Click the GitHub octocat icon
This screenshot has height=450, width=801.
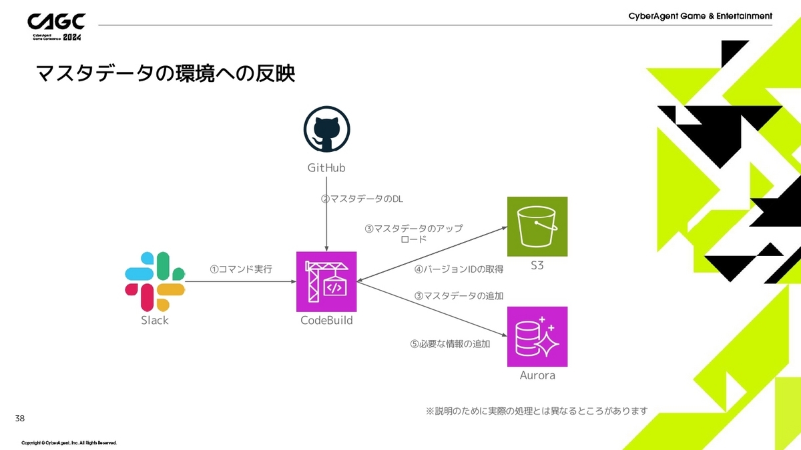point(326,129)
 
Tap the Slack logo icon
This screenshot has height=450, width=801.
point(155,281)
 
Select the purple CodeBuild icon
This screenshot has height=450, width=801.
point(326,281)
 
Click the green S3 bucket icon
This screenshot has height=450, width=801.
point(537,227)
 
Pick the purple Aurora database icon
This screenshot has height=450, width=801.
point(537,337)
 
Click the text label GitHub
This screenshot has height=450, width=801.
point(326,168)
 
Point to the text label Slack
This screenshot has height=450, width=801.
point(155,321)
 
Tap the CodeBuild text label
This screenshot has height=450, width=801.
point(326,321)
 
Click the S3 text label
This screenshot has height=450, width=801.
point(537,265)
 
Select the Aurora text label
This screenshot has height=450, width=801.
point(537,375)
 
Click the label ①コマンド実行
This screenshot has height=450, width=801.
point(241,269)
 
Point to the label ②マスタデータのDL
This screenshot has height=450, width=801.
point(362,199)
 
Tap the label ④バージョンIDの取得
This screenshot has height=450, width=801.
point(459,269)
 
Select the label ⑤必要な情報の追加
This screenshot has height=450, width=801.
point(450,344)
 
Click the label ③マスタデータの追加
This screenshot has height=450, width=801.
point(459,296)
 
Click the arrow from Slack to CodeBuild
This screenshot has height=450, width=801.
point(241,281)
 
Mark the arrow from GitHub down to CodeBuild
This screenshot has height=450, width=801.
point(326,214)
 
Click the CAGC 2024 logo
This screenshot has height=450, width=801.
point(57,27)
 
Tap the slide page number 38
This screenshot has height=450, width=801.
point(20,418)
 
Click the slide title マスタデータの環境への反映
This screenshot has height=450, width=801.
point(166,73)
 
